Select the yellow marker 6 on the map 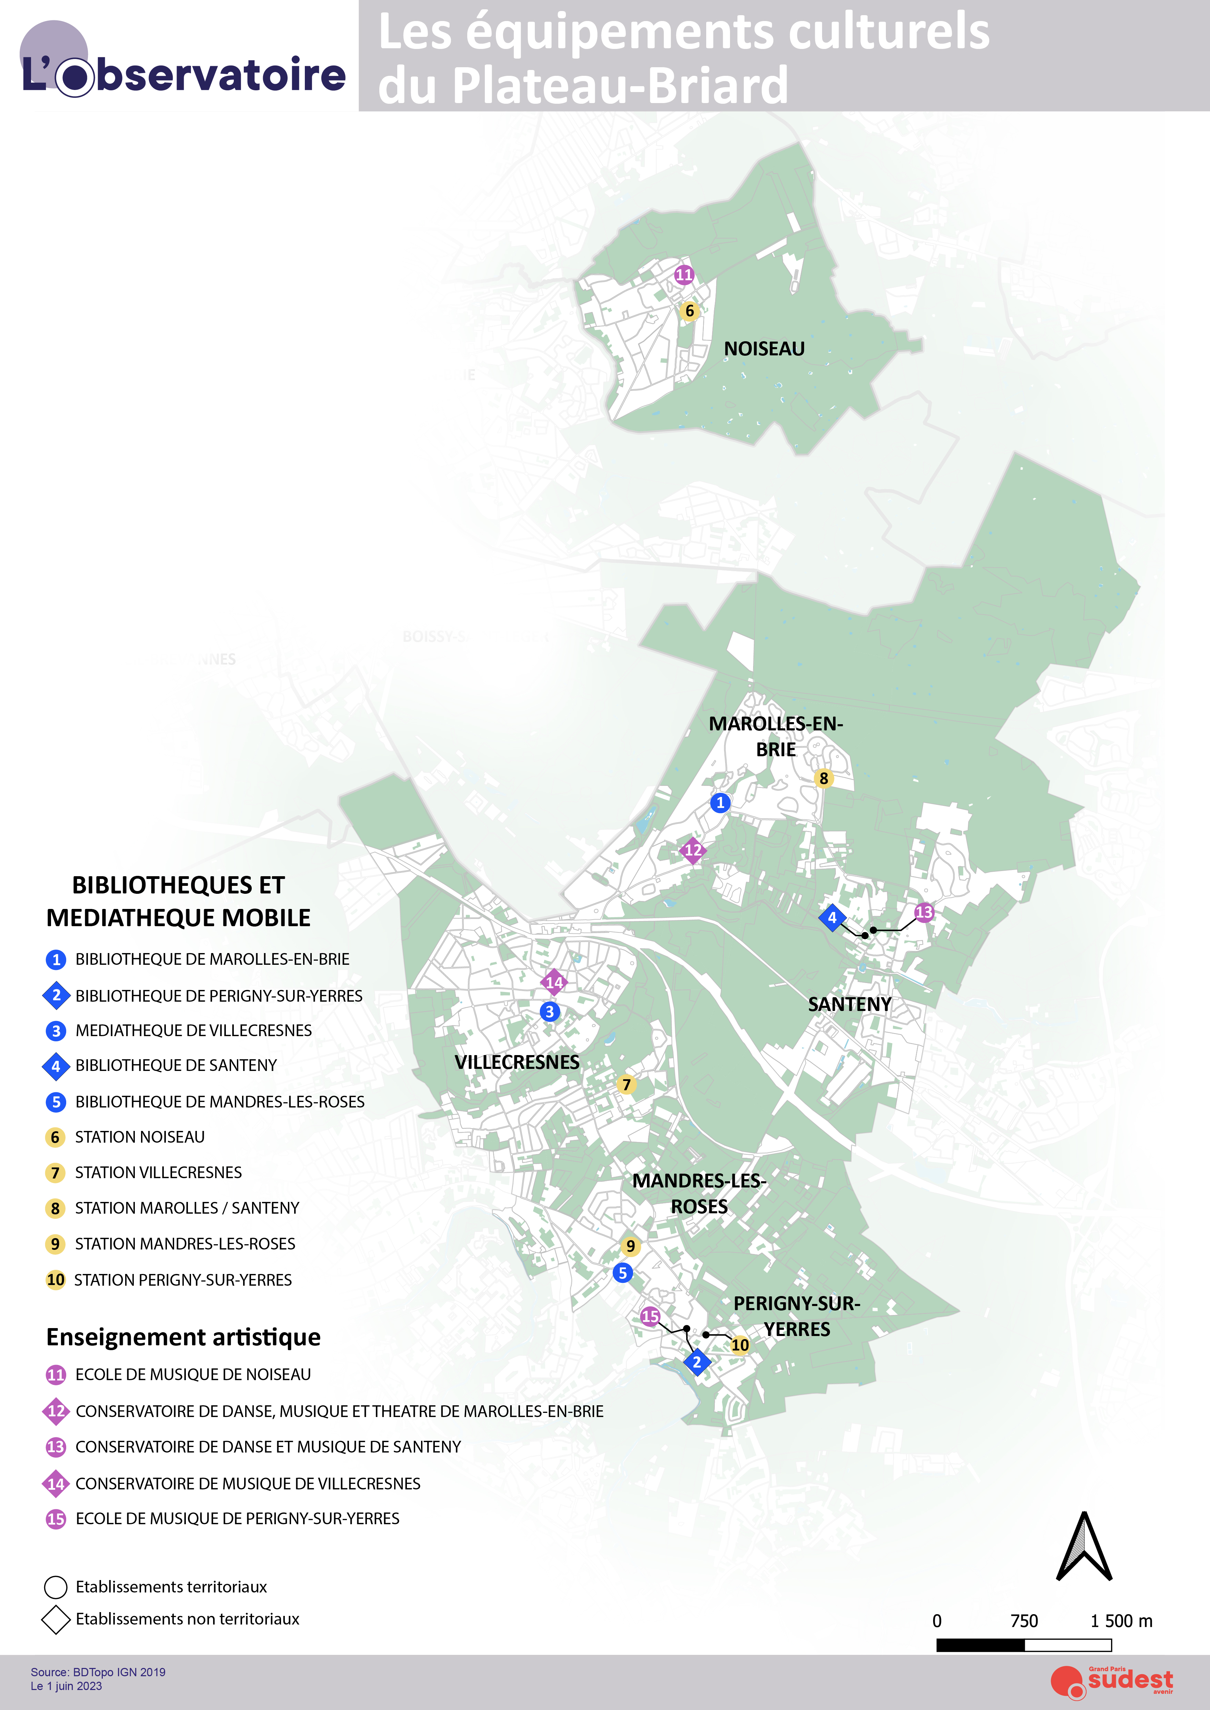click(689, 311)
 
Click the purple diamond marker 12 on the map click(693, 850)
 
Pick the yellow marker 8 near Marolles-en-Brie click(823, 778)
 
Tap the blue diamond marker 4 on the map click(832, 918)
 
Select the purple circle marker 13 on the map click(924, 912)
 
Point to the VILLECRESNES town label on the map click(517, 1062)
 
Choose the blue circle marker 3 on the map click(550, 1011)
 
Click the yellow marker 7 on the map click(627, 1084)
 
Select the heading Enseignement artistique click(183, 1337)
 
